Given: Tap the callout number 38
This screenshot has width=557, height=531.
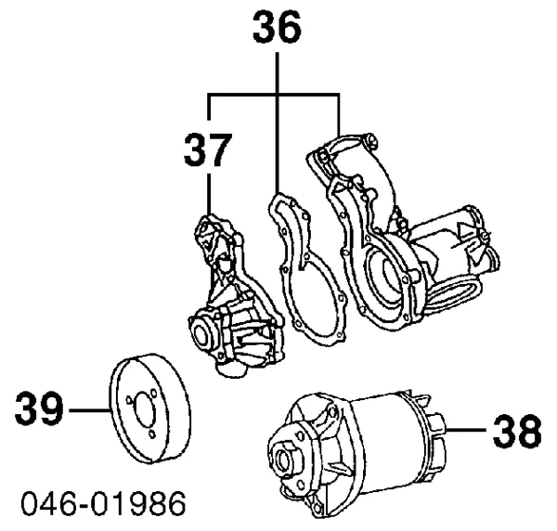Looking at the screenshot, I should point(516,431).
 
